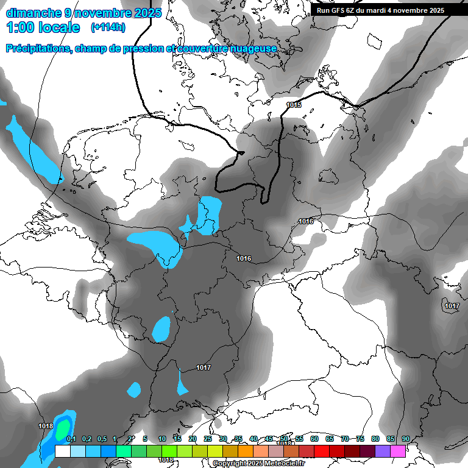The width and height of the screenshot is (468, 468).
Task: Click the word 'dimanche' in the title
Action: coord(31,12)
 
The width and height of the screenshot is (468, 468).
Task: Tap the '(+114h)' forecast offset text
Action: coord(108,27)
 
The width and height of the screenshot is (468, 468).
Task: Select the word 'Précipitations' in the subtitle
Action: coord(37,49)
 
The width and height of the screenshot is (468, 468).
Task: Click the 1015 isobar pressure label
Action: coord(294,105)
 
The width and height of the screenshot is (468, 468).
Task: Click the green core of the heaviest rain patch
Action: coord(62,430)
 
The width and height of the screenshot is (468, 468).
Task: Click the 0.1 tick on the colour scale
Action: coord(71,439)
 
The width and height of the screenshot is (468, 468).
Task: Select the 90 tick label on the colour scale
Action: coord(406,439)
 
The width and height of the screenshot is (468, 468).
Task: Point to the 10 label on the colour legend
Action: coord(162,439)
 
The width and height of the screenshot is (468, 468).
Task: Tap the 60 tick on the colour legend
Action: coord(314,439)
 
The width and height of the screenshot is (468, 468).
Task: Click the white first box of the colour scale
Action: coord(62,451)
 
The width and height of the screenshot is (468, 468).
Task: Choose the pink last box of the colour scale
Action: coord(398,451)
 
